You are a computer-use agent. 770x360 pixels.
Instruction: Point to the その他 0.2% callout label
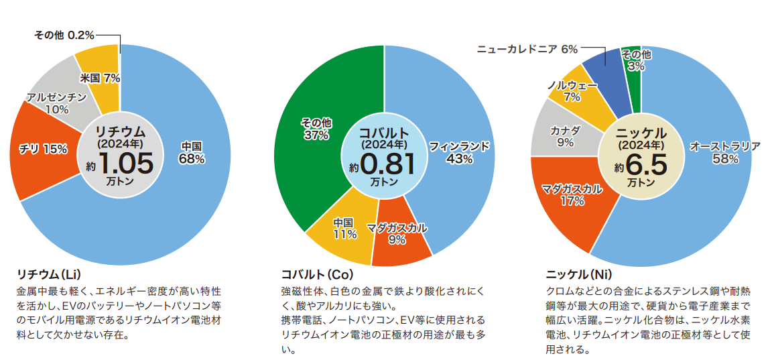coord(64,34)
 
